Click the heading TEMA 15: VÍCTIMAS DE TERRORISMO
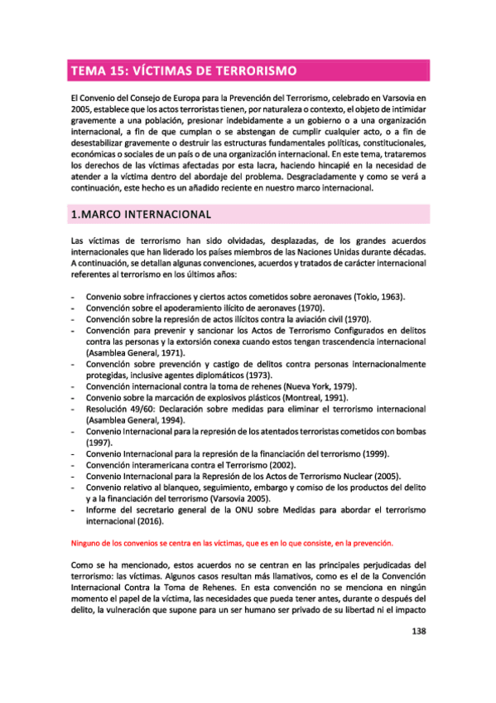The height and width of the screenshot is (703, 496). click(184, 70)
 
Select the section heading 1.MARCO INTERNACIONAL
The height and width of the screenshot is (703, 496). click(139, 215)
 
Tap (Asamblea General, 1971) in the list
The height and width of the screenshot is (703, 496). click(135, 352)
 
